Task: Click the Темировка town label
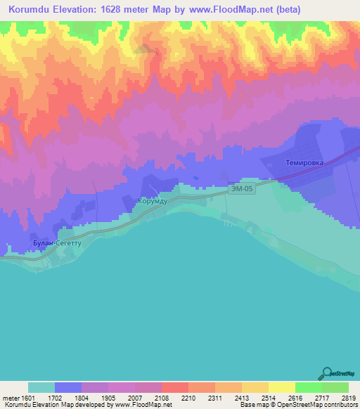click(303, 162)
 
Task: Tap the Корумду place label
click(153, 200)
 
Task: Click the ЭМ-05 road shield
click(241, 190)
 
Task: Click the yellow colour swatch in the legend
click(281, 387)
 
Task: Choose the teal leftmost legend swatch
click(41, 387)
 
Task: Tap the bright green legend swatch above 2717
click(308, 387)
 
